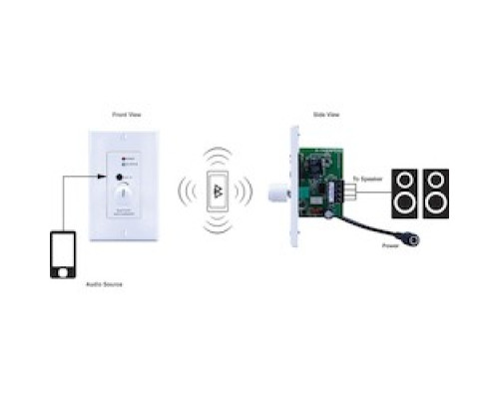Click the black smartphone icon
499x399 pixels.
[x=62, y=254]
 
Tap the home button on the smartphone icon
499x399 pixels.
[x=62, y=270]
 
